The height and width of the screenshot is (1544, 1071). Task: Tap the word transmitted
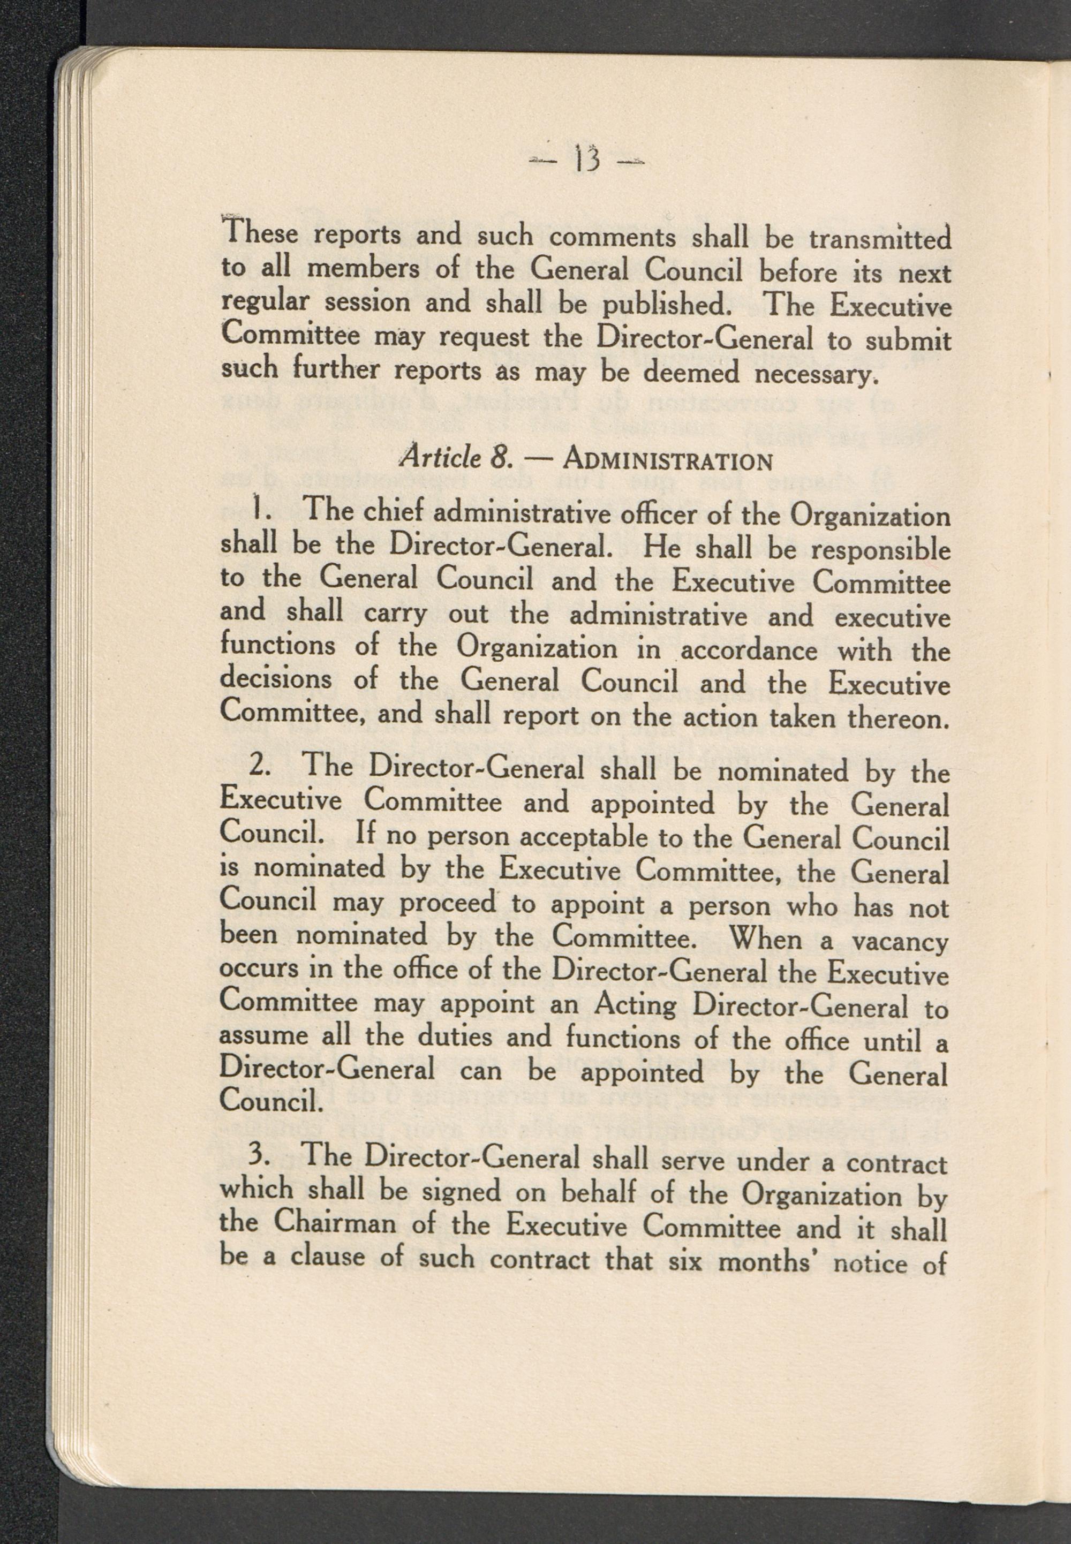pos(880,239)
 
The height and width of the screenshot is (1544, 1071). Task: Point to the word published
pos(665,306)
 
